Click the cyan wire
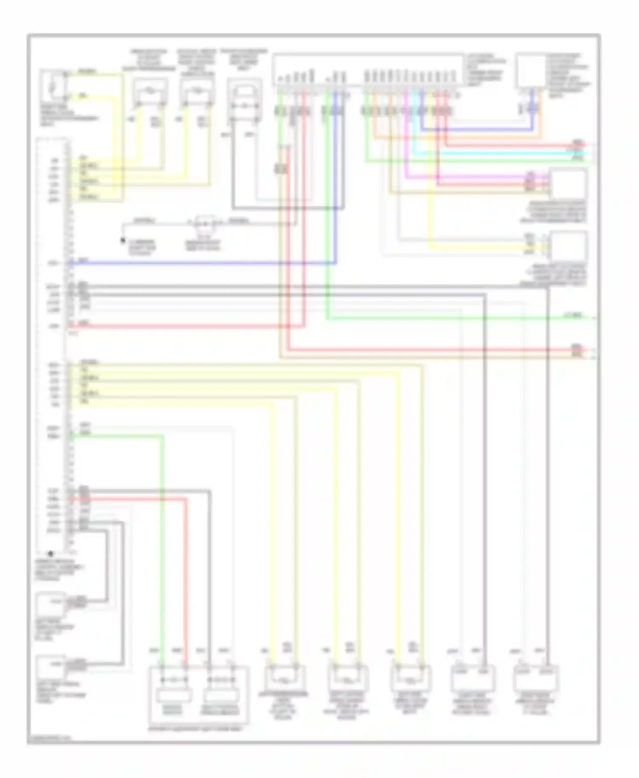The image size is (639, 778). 490,153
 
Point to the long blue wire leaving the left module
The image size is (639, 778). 204,263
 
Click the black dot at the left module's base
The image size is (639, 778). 51,554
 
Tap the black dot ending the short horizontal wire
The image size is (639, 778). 123,240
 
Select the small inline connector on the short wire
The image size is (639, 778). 204,223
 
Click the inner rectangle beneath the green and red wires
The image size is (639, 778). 174,695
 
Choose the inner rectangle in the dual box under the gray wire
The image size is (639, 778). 221,695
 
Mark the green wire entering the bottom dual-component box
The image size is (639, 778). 162,553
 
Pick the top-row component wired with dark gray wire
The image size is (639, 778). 245,102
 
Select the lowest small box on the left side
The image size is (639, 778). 50,667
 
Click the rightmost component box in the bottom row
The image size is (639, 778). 535,678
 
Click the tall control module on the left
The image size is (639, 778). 52,345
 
